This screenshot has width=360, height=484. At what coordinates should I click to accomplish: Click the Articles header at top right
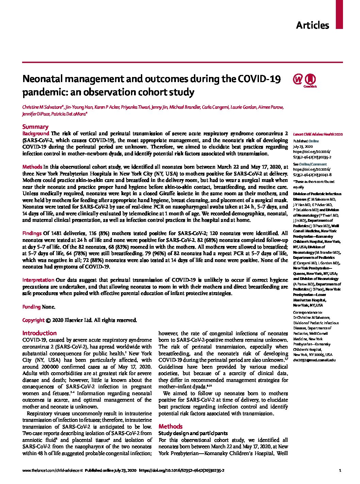pos(312,25)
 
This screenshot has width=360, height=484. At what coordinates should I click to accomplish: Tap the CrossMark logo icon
pos(310,80)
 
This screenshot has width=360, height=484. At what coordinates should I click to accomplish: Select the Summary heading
pos(35,127)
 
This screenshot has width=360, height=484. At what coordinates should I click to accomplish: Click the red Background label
pos(36,134)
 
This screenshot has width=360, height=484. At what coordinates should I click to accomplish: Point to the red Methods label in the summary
pos(32,167)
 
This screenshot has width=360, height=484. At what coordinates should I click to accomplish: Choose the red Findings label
pos(32,233)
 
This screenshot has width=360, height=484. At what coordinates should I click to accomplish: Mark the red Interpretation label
pos(38,280)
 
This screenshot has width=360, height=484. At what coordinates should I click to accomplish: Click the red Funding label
pos(31,307)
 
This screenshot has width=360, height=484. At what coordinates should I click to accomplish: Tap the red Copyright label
pos(33,320)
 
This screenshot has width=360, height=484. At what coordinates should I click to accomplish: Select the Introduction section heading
pos(39,333)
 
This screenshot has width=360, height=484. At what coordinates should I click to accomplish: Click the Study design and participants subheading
pos(193,433)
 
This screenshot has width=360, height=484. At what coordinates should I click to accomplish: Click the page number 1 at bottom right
pos(340,470)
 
